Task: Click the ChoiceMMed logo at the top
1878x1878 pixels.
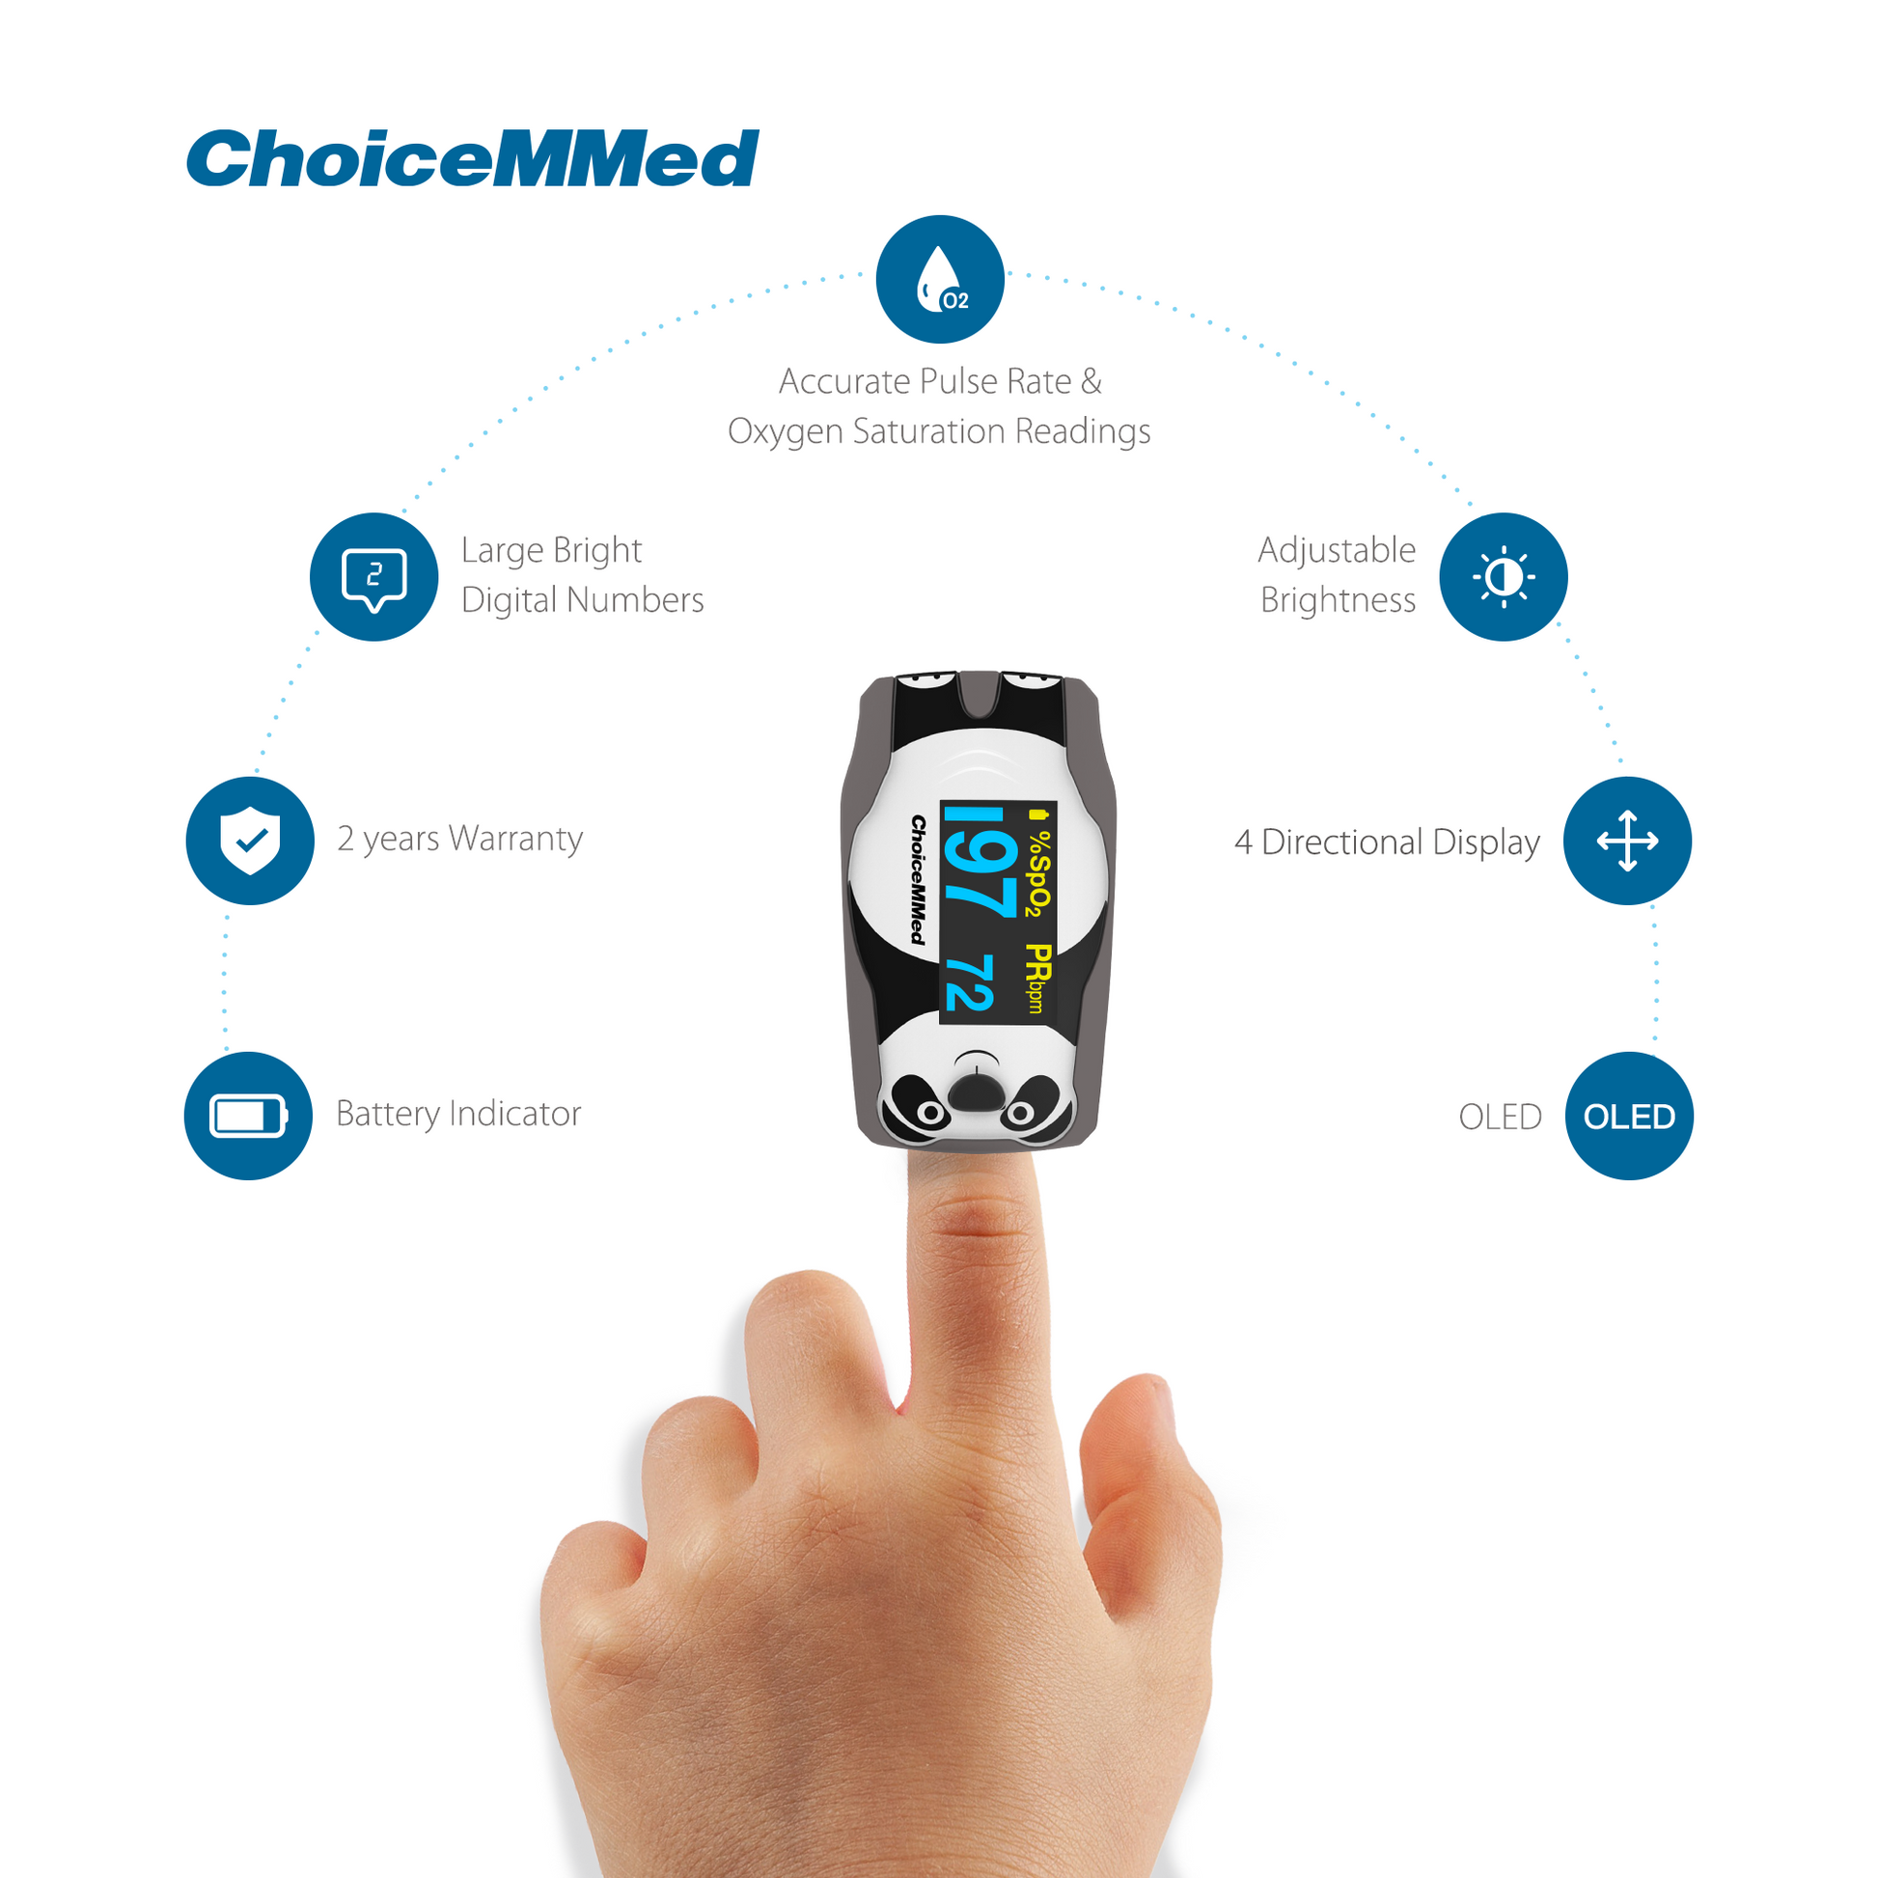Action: pos(473,158)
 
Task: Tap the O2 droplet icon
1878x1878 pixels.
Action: pos(940,279)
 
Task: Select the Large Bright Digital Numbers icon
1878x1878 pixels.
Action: pos(374,576)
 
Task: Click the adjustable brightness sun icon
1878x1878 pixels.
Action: pos(1503,576)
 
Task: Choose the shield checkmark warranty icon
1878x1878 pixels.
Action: pos(250,841)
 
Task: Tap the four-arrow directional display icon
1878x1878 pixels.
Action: pos(1627,841)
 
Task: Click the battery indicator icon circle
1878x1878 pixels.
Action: pos(248,1116)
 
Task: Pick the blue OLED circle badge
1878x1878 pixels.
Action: pos(1629,1116)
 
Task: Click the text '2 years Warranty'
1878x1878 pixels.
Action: pos(459,839)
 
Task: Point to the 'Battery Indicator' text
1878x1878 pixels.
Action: pos(457,1114)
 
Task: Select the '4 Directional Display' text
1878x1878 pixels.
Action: pos(1387,842)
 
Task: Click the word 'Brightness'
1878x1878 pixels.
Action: pos(1338,599)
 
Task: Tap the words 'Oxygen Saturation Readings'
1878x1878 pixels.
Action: pos(939,431)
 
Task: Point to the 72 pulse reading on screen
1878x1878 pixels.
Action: pos(969,982)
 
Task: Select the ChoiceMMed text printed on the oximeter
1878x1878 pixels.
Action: pos(917,880)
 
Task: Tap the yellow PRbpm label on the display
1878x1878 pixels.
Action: pos(1039,978)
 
